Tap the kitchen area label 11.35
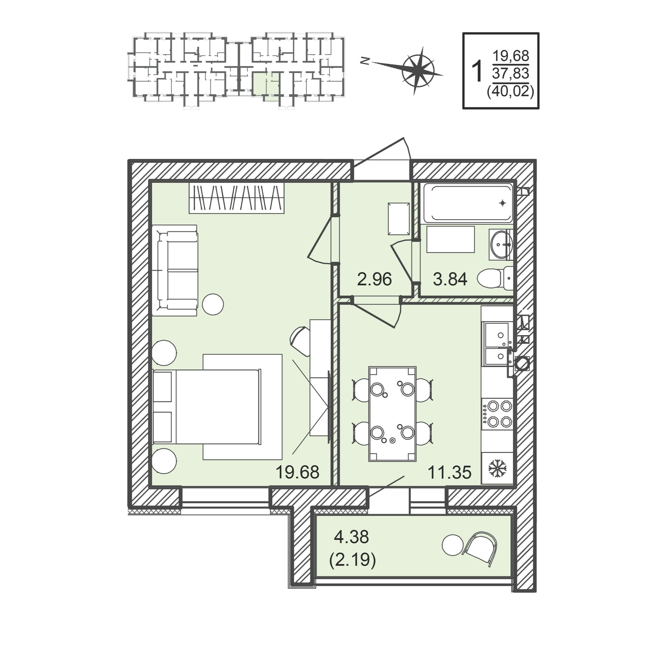pyautogui.click(x=449, y=472)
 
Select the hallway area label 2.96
pyautogui.click(x=374, y=279)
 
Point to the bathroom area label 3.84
pyautogui.click(x=450, y=279)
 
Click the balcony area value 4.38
pyautogui.click(x=351, y=537)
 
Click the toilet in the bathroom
pyautogui.click(x=495, y=278)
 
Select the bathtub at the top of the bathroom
pyautogui.click(x=468, y=203)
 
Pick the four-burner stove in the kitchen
pyautogui.click(x=497, y=414)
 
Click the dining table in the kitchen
pyautogui.click(x=392, y=414)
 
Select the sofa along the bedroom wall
pyautogui.click(x=175, y=271)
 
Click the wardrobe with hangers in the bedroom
pyautogui.click(x=237, y=198)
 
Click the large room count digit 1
pyautogui.click(x=477, y=71)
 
